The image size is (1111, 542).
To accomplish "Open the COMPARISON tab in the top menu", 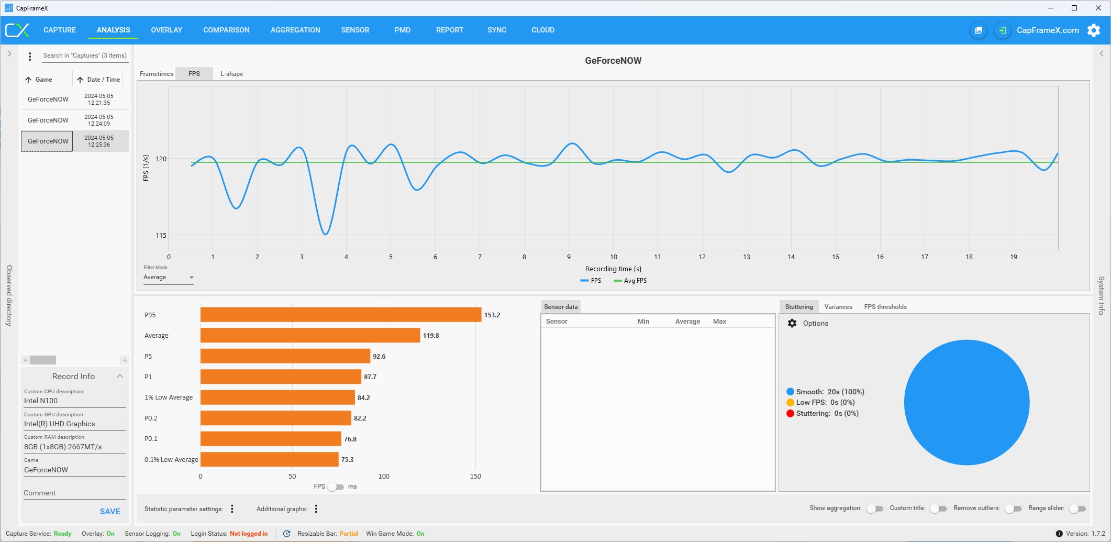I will click(x=226, y=30).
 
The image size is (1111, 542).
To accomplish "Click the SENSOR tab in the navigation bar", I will click(x=355, y=30).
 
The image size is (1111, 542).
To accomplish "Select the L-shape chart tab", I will click(x=231, y=74).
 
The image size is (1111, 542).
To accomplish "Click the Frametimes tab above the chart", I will click(x=156, y=74).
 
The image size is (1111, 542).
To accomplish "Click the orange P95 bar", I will click(x=340, y=315).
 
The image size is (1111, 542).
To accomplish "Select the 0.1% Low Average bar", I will click(x=269, y=459).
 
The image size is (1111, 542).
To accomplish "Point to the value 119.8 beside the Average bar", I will click(x=431, y=336).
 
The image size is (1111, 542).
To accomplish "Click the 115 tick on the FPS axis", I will click(x=161, y=236).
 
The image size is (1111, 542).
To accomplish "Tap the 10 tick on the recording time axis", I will click(x=613, y=257).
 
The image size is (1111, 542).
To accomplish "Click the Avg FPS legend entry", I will click(x=630, y=281).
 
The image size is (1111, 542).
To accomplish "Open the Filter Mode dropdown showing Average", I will click(x=168, y=278).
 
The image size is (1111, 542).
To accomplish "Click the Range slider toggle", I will click(x=1077, y=508).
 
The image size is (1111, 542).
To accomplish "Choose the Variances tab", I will click(x=838, y=307).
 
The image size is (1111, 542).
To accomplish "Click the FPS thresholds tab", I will click(x=885, y=307).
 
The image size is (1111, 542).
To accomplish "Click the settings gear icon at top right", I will click(x=1094, y=30).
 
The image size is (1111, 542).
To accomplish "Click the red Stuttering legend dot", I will click(x=790, y=414).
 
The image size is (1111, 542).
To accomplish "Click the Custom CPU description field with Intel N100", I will click(x=74, y=401).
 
